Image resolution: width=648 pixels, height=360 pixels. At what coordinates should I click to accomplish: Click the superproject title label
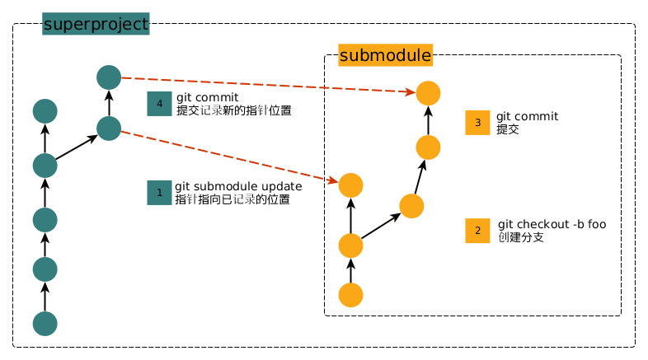[x=96, y=25]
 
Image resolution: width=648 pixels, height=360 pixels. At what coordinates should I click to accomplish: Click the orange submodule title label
[x=385, y=56]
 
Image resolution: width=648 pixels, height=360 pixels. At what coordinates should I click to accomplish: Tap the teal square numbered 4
[x=158, y=103]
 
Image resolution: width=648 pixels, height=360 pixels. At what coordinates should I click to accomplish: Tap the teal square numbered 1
[x=158, y=192]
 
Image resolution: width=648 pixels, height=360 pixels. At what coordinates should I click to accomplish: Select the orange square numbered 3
[x=477, y=122]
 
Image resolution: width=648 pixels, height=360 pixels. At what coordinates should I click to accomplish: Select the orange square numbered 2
[x=477, y=231]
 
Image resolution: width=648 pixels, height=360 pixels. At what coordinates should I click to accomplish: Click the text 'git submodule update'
[x=238, y=186]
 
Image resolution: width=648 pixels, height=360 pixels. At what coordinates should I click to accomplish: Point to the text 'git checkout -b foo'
[x=552, y=225]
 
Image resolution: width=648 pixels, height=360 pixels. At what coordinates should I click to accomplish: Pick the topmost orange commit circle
[x=428, y=93]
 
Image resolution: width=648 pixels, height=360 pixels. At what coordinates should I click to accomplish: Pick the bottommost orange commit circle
[x=351, y=294]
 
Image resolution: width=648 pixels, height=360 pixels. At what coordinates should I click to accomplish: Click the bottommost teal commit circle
[x=45, y=323]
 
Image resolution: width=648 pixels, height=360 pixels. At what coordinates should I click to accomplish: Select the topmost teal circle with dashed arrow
[x=109, y=77]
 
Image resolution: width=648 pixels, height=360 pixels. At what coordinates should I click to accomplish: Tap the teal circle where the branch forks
[x=45, y=166]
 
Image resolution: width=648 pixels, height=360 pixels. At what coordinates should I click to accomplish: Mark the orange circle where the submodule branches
[x=351, y=245]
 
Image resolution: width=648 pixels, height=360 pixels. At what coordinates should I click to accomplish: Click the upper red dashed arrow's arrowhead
[x=409, y=92]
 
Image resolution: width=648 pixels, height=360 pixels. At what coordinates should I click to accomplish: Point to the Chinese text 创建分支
[x=521, y=237]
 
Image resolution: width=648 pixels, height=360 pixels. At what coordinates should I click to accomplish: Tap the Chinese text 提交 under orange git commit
[x=508, y=129]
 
